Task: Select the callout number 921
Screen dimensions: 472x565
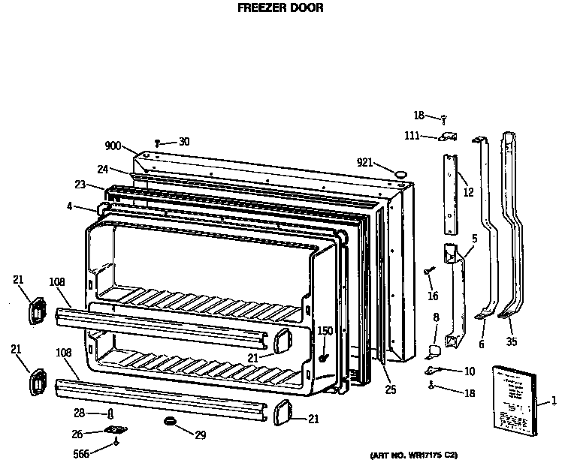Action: (x=365, y=163)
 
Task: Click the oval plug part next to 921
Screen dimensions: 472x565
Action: (x=401, y=173)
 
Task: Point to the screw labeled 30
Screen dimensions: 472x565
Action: (x=158, y=143)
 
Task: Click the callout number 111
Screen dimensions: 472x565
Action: (x=412, y=135)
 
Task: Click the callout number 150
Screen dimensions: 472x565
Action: (x=325, y=331)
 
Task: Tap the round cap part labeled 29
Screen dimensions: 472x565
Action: (x=171, y=422)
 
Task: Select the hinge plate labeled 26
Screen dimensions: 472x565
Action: (x=115, y=430)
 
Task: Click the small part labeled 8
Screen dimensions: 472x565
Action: (x=433, y=349)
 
